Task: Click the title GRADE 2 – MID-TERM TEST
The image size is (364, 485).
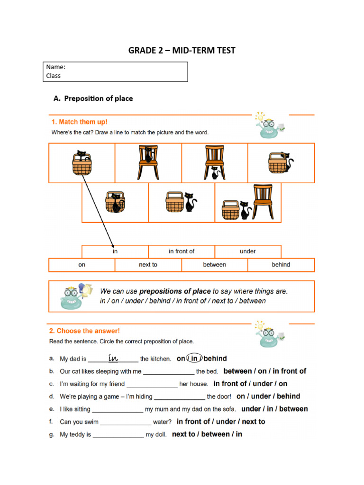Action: (182, 50)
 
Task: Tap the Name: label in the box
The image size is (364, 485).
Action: (56, 67)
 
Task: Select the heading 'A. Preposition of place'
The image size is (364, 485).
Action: (93, 99)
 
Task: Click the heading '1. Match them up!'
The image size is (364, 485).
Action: (80, 122)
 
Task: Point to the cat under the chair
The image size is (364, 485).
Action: (215, 173)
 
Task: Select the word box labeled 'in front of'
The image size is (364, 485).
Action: (182, 251)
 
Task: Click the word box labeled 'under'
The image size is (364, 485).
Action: (247, 251)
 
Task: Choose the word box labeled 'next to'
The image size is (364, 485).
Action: (148, 265)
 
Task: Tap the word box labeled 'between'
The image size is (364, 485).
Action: (214, 265)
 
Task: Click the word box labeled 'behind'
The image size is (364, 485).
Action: (281, 265)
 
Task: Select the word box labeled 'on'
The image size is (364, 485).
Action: (82, 265)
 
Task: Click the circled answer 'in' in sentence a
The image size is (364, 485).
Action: (194, 359)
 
